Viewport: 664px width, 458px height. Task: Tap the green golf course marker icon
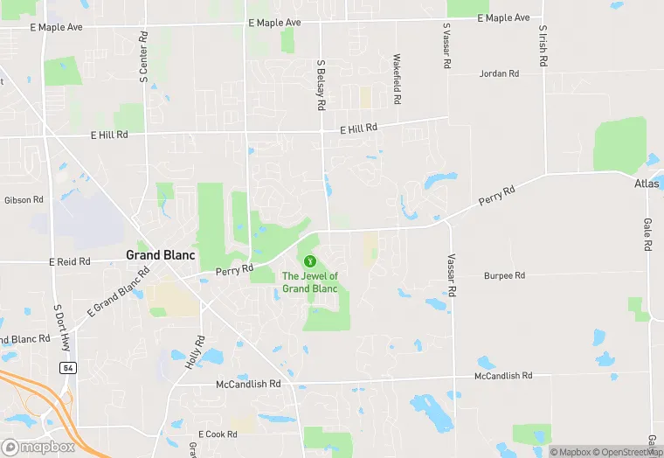pyautogui.click(x=308, y=260)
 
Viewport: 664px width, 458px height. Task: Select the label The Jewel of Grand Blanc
pyautogui.click(x=309, y=282)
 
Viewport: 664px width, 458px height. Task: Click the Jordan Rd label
pyautogui.click(x=499, y=73)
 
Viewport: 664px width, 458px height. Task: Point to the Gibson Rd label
pyautogui.click(x=24, y=200)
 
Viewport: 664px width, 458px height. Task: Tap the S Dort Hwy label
pyautogui.click(x=59, y=323)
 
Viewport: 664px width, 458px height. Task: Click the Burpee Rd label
pyautogui.click(x=504, y=275)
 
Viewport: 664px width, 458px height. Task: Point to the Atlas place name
pyautogui.click(x=647, y=184)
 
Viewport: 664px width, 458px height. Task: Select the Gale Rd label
pyautogui.click(x=647, y=234)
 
